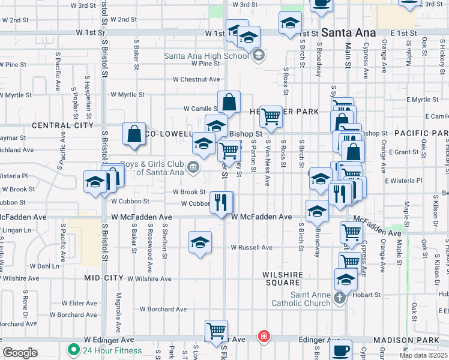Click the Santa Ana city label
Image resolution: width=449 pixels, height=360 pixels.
(348, 32)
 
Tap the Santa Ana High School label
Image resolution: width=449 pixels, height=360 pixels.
(206, 56)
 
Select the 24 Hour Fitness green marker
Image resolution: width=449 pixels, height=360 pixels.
(74, 350)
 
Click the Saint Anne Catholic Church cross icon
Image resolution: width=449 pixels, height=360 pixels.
(339, 298)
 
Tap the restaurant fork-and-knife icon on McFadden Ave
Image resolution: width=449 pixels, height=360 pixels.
(222, 202)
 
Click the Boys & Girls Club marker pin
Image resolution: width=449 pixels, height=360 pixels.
(193, 167)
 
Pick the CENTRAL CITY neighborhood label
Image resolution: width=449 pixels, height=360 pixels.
(62, 125)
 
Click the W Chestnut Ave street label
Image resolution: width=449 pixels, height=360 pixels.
(196, 79)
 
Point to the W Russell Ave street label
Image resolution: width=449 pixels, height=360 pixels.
(252, 247)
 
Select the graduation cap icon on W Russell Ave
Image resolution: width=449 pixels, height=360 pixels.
(200, 242)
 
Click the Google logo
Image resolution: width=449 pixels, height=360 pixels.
(20, 353)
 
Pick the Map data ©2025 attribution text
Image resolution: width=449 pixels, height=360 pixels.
(423, 355)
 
